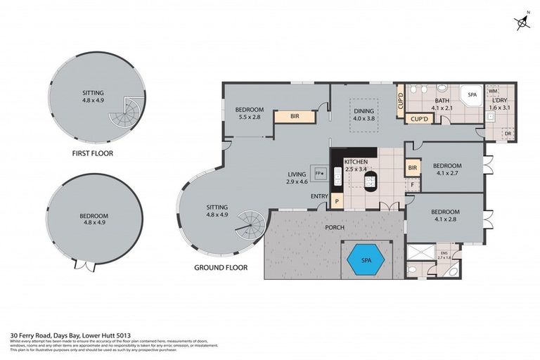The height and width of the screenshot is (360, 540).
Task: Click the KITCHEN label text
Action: point(355,162)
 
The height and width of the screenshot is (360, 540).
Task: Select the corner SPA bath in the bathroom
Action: point(470,96)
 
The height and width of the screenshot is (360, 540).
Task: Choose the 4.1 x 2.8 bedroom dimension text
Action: point(445,219)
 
